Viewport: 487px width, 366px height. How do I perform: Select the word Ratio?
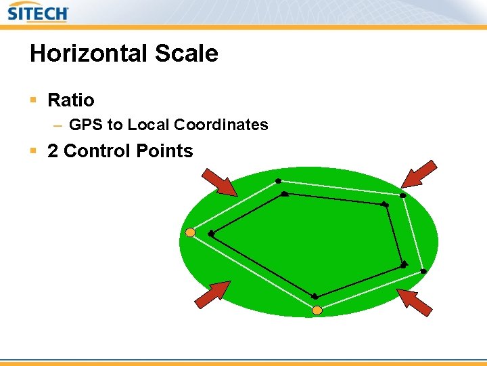[x=71, y=100]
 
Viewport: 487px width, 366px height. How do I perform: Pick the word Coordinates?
[x=221, y=125]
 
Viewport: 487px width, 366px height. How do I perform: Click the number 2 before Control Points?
[x=53, y=150]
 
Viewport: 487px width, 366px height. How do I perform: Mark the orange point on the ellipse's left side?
[x=190, y=232]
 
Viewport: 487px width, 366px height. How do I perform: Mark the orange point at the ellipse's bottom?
[x=317, y=310]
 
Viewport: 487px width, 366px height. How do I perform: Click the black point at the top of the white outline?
[x=278, y=181]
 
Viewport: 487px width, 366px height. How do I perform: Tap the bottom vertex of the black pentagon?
[x=315, y=296]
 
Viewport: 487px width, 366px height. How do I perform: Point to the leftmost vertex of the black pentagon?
[x=211, y=233]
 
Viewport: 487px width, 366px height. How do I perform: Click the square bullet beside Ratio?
[x=33, y=100]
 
